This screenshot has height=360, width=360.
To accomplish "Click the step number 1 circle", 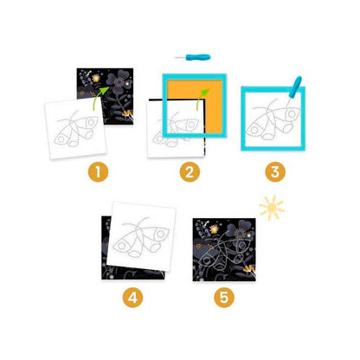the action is (98, 172).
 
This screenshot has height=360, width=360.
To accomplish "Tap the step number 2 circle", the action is (190, 172).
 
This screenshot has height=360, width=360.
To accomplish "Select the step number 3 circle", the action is (275, 172).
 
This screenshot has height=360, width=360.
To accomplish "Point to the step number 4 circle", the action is (133, 298).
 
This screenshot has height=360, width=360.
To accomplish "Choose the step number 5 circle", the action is (224, 298).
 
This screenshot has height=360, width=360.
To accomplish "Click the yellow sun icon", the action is (272, 208).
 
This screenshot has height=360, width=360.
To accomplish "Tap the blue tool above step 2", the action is (193, 57).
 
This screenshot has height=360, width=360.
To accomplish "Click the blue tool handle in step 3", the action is (295, 87).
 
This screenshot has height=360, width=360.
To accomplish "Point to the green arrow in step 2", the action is (202, 98).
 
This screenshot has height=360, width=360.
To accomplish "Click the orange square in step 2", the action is (195, 106).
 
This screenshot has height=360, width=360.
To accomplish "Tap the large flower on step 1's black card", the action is (119, 81).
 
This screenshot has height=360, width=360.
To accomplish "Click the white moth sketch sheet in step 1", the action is (75, 128).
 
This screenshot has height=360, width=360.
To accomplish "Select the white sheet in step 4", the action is (141, 236).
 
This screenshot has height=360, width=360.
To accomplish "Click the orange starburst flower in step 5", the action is (214, 229).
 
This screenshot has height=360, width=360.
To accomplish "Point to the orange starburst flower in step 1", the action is (96, 78).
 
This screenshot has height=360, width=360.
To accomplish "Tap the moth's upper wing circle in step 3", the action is (292, 113).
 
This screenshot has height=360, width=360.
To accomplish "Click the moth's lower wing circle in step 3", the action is (254, 130).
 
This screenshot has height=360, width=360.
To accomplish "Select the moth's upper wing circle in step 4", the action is (160, 233).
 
